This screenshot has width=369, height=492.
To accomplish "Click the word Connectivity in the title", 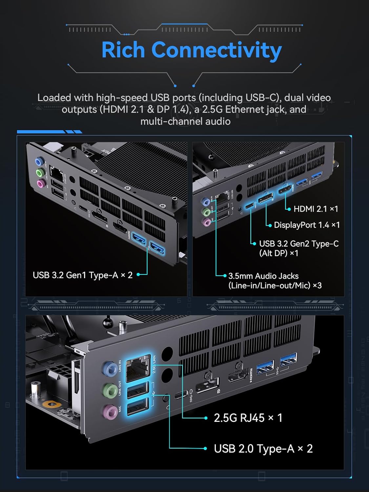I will [216, 50].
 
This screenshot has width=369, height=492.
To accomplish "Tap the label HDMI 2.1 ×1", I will [316, 209].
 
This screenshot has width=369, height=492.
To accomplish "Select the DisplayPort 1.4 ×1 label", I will [307, 225].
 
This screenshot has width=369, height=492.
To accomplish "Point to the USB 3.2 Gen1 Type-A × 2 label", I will [83, 275].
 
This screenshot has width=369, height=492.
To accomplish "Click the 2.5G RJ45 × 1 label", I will [248, 418].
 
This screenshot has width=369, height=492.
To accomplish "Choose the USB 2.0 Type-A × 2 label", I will [263, 448].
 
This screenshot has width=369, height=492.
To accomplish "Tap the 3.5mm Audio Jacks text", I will [263, 276].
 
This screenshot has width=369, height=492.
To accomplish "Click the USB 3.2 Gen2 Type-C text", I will [299, 244].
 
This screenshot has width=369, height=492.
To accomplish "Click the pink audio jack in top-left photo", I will [40, 184].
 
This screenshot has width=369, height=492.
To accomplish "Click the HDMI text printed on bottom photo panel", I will [251, 376].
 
